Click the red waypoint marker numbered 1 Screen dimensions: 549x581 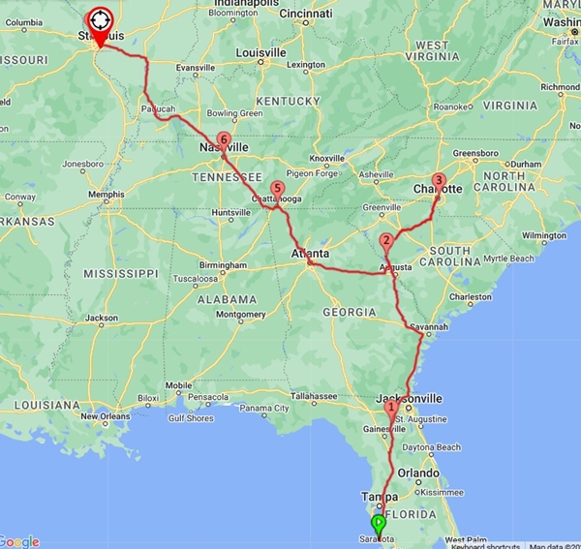pos(390,409)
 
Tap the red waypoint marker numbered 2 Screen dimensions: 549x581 pos(386,241)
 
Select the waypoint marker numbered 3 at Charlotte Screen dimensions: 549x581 pos(439,180)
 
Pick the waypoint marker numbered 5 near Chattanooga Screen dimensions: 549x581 pos(278,189)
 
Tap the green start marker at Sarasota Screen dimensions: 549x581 pos(379,524)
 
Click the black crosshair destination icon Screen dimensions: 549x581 pos(100,18)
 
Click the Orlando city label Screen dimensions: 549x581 pos(424,473)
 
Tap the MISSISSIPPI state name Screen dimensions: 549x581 pos(119,274)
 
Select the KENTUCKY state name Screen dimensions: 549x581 pos(288,101)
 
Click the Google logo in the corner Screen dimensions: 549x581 pos(20,540)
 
